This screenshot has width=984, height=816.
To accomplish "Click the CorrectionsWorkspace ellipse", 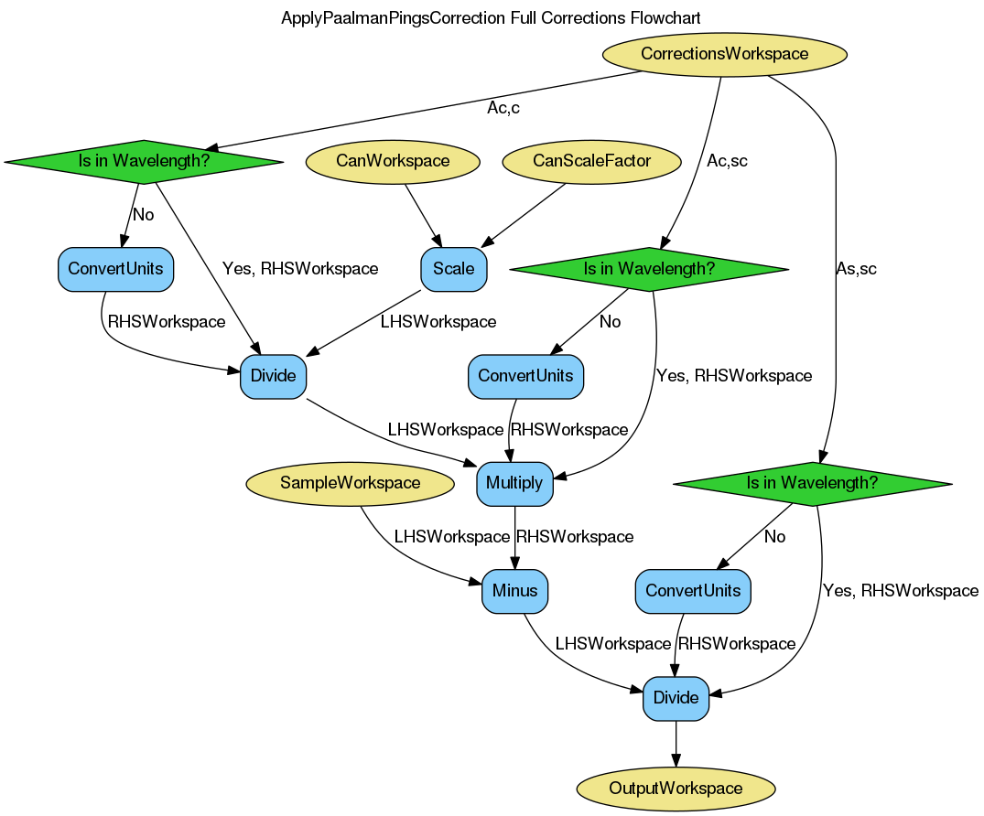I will coord(724,54).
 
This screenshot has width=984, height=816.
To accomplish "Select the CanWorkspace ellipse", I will coord(393,162).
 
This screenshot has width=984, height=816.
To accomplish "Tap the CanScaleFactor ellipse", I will coord(591,162).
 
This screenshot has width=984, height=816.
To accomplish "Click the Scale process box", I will coord(454,269).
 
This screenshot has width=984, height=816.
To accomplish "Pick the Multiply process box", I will coord(514,484).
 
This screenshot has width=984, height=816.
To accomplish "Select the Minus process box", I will coord(514,591).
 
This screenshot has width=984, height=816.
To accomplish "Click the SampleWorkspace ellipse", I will coord(351,484).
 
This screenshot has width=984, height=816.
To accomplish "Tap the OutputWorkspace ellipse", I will coord(676,788).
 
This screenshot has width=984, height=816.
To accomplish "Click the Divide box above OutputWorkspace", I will coord(676,699).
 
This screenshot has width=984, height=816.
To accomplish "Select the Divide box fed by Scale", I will coord(273,376).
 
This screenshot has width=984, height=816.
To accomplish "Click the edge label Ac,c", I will coord(503,109).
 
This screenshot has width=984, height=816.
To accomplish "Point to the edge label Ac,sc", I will coord(728,162).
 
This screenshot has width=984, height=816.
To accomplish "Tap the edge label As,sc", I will coord(856,269).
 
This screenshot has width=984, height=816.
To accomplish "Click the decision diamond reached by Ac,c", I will coord(144,162).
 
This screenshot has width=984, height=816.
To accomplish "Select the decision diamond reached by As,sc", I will coord(812,484).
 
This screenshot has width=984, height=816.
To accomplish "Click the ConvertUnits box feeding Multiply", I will coord(525,376).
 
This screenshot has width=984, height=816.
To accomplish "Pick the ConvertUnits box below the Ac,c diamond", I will coord(115,269).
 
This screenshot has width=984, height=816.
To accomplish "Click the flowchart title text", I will coord(491,18).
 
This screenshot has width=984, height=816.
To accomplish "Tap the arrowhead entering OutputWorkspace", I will coord(676,758).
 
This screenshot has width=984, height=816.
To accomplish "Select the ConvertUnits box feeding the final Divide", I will coord(693,591).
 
